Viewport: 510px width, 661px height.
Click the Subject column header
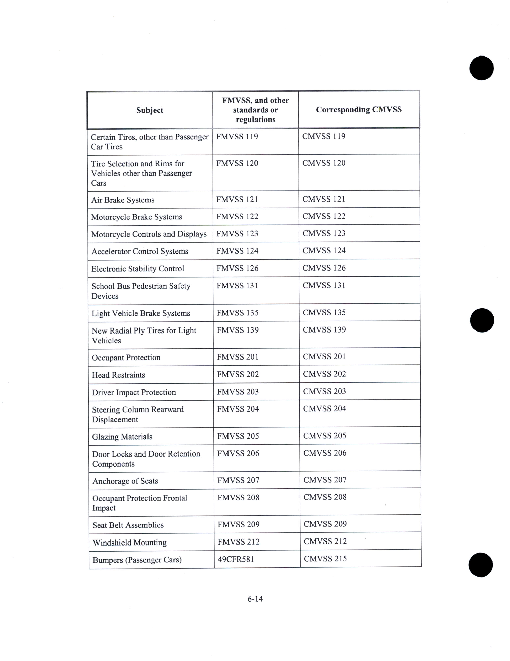coord(150,110)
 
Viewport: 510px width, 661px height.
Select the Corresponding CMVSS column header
coord(359,110)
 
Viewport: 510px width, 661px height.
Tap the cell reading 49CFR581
coord(236,559)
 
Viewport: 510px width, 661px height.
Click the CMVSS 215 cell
coord(325,558)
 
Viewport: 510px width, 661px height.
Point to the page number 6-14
coord(255,599)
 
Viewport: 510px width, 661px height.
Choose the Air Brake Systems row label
coord(123,200)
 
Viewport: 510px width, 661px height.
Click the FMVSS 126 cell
coord(237,268)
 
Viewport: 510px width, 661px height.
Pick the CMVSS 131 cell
coord(324,285)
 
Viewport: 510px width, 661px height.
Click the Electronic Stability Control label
coord(138,269)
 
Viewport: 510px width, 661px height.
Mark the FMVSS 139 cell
coord(238,330)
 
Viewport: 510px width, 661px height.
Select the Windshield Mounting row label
coord(130,542)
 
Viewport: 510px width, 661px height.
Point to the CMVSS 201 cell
coord(324,356)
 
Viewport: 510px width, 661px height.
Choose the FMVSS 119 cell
coord(237,136)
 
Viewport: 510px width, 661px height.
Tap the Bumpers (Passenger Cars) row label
coord(137,560)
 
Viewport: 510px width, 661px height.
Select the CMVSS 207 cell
coord(325,480)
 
